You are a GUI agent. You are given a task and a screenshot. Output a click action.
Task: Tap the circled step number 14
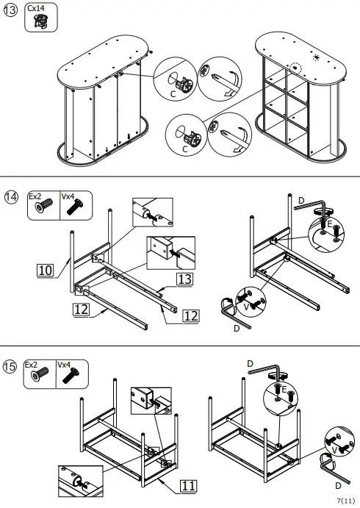(11, 199)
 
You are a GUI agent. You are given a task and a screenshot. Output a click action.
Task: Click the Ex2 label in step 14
(35, 196)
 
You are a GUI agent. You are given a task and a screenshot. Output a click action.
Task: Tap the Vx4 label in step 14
(68, 196)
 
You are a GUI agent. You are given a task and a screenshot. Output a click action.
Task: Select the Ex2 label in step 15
(31, 364)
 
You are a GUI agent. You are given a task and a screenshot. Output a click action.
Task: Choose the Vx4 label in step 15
(64, 364)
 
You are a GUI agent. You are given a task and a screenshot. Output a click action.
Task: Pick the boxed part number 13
(184, 279)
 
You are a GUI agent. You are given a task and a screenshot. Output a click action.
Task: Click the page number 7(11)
(345, 500)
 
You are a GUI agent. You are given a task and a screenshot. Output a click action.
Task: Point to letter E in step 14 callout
(330, 223)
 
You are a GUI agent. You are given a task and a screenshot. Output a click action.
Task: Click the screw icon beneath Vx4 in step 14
(72, 209)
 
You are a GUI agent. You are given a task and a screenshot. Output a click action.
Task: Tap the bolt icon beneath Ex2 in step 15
(36, 377)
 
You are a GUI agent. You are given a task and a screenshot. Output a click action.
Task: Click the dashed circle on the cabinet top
(296, 67)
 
